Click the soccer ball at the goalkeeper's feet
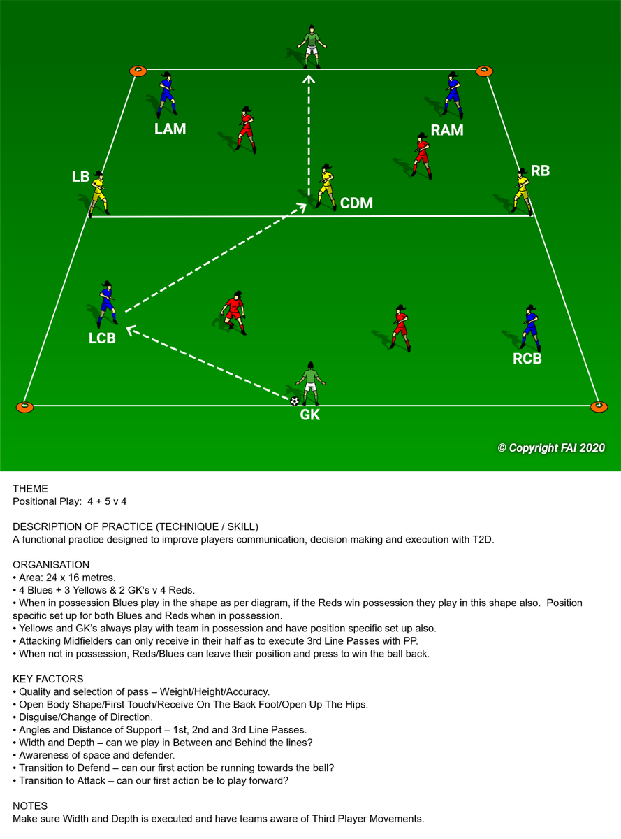[295, 401]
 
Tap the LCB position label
[102, 338]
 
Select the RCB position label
[527, 359]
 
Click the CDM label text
[356, 203]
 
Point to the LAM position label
[170, 129]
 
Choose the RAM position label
[447, 130]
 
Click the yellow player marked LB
[98, 193]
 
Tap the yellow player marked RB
[523, 191]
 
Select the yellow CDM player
[326, 187]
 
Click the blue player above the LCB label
[108, 303]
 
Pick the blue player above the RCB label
[530, 328]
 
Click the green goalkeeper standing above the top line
[312, 47]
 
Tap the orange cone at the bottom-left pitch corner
[25, 407]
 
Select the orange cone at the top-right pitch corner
[484, 71]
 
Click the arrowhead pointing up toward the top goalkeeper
[309, 79]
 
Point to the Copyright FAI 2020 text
[551, 448]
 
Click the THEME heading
[30, 488]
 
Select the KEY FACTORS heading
[48, 679]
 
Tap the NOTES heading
[30, 805]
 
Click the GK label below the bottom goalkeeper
[310, 415]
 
